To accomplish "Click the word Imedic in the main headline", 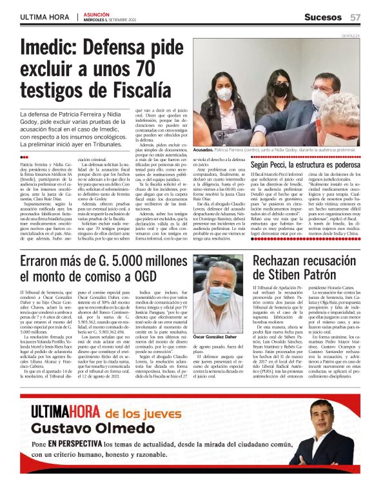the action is coord(51,50).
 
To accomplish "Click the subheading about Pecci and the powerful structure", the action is coord(306,166).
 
